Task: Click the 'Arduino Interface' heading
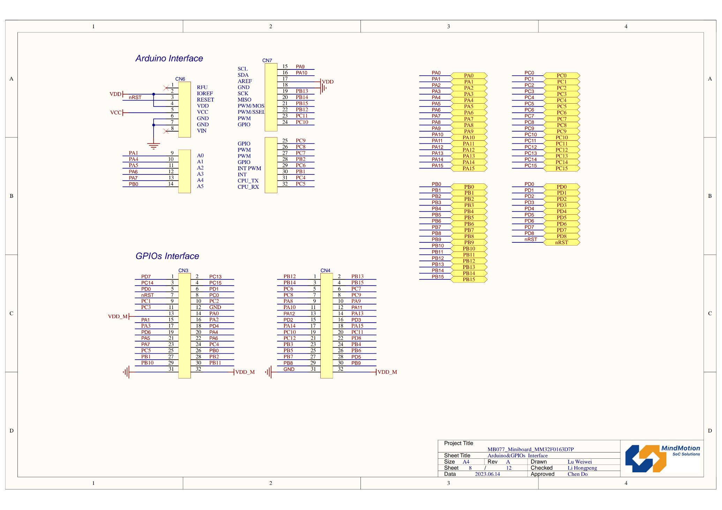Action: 169,58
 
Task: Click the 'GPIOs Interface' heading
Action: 167,256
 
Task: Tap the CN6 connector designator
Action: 180,79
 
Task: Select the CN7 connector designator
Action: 267,60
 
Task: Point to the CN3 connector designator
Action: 183,270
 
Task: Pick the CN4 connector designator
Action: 325,270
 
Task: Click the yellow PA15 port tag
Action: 469,168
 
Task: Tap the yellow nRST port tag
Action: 561,242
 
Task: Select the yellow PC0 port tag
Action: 561,76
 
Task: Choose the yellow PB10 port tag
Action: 469,249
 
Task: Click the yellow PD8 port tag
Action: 561,236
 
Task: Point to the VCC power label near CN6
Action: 116,113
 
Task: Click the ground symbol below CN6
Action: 153,145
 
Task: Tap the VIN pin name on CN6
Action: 202,131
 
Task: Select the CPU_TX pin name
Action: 248,181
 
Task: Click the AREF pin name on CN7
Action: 245,81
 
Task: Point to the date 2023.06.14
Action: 487,474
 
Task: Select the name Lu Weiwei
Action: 580,462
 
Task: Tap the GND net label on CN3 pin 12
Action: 215,307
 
